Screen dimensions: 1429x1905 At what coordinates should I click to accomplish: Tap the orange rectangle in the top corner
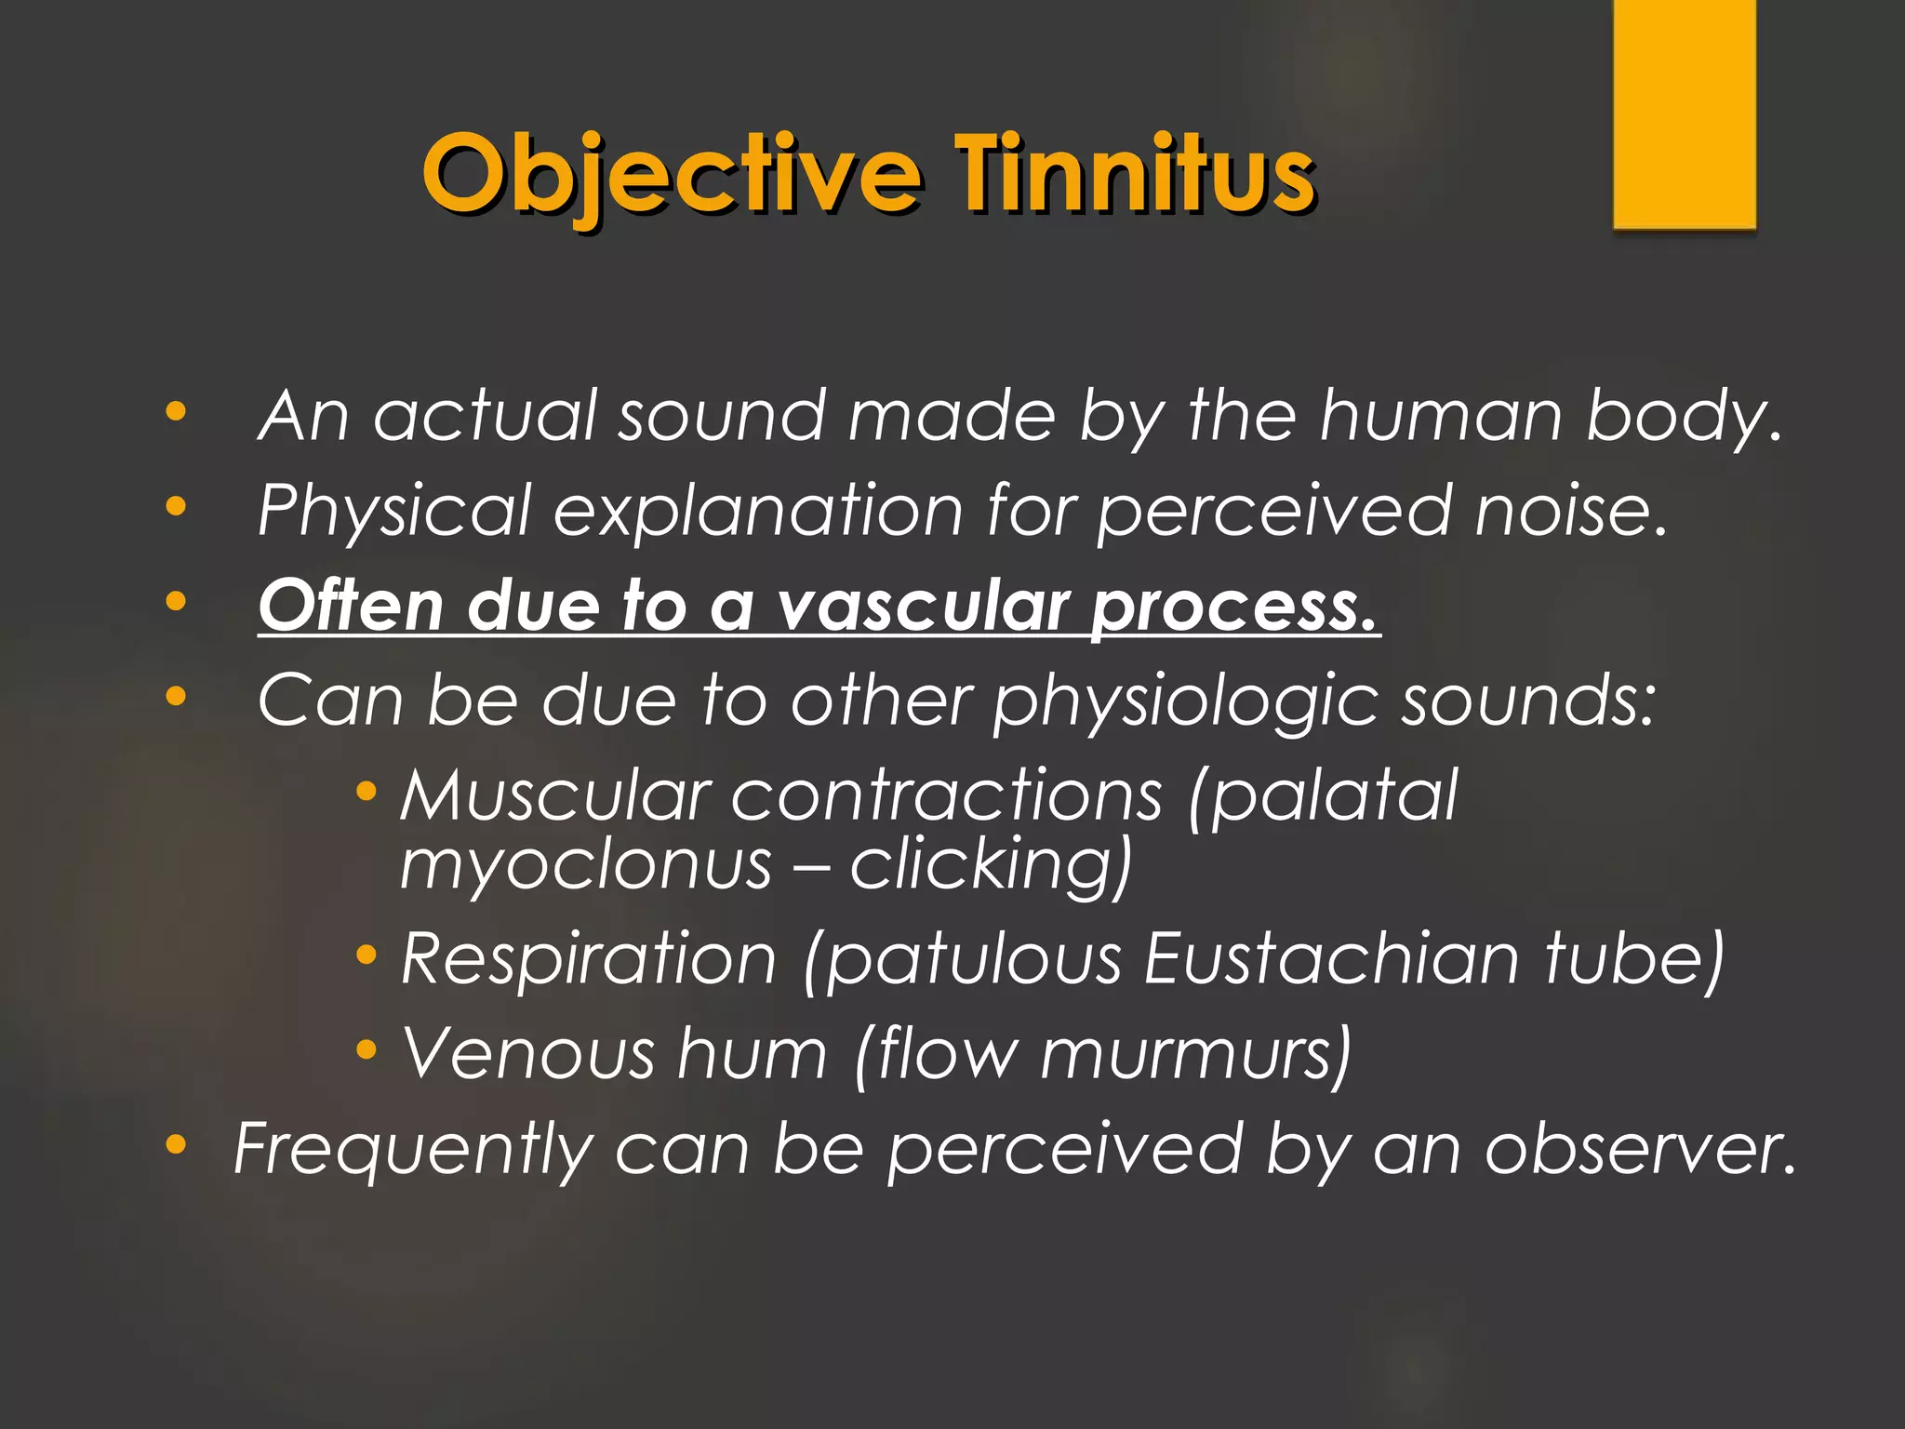tap(1684, 114)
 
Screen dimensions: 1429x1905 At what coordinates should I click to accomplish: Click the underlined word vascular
tap(920, 607)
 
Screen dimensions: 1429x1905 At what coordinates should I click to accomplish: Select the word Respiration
tap(588, 960)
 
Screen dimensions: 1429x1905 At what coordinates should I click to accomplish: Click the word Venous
tap(528, 1055)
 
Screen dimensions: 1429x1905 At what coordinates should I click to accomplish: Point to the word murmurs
tap(1194, 1055)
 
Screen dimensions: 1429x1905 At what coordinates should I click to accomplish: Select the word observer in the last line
tap(1637, 1150)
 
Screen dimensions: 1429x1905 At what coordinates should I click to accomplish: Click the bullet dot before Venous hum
tap(366, 1049)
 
